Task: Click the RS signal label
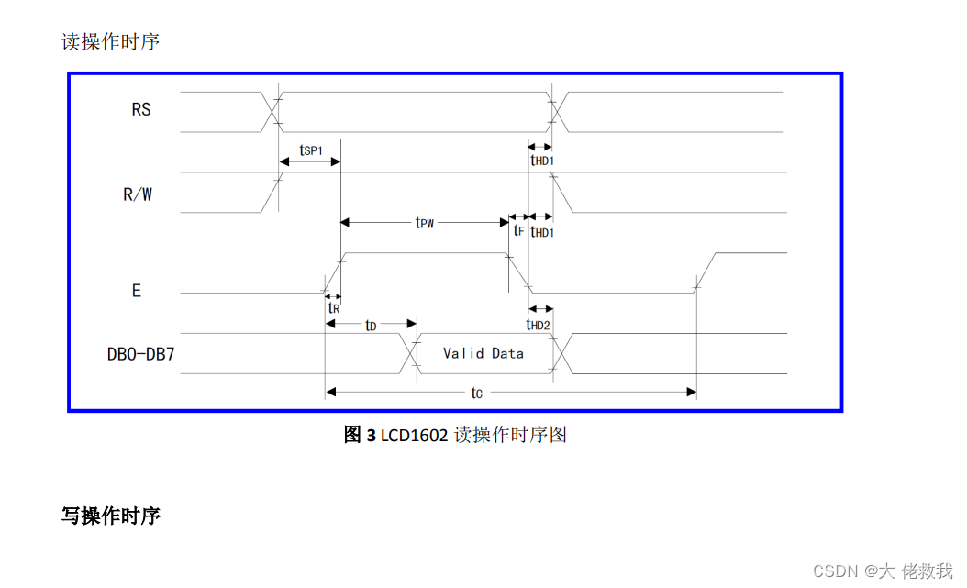coord(141,110)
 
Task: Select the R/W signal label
coord(138,194)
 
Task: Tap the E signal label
coord(137,291)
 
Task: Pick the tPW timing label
coord(424,223)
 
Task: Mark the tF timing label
coord(519,232)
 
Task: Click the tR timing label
coord(334,308)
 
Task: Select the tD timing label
coord(371,326)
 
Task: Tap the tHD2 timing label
coord(539,326)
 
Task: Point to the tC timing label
coord(477,393)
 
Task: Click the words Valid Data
coord(483,353)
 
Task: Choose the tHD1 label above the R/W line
coord(542,160)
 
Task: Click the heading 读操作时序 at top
coord(111,42)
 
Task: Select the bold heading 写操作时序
coord(111,516)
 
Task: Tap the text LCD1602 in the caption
coord(414,435)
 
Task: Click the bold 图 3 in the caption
coord(360,435)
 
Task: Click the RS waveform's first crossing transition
coord(272,109)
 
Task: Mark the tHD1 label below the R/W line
coord(542,232)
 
